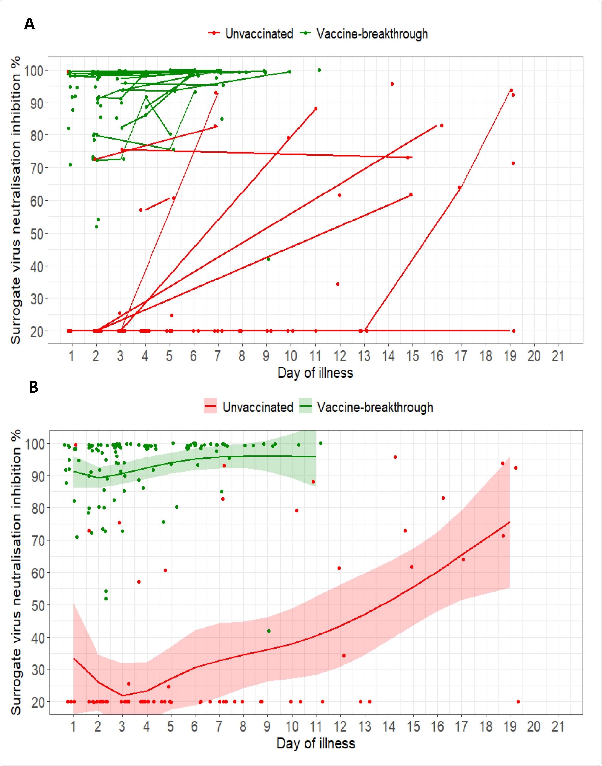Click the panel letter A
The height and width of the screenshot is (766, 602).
[x=30, y=24]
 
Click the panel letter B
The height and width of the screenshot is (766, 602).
[x=33, y=387]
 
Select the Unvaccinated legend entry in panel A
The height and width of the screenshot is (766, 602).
[x=259, y=34]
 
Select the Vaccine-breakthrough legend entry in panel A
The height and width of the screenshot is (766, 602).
[x=372, y=34]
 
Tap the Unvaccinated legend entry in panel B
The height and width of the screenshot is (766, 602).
[x=258, y=407]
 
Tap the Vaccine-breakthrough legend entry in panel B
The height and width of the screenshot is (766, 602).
[x=375, y=407]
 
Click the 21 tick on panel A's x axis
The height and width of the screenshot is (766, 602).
[x=558, y=356]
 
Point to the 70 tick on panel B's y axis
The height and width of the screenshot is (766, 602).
[x=37, y=540]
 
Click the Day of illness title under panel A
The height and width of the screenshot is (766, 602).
[x=315, y=373]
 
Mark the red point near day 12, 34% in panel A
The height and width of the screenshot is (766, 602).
[x=337, y=284]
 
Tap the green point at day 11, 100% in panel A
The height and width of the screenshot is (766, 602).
[x=319, y=70]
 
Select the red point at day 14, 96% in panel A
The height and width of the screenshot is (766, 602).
[x=392, y=84]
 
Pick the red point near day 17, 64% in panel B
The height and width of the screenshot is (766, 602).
[x=463, y=560]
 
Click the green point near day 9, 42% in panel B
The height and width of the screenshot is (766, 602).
[x=269, y=631]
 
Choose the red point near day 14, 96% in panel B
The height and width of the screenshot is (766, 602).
[x=395, y=457]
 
